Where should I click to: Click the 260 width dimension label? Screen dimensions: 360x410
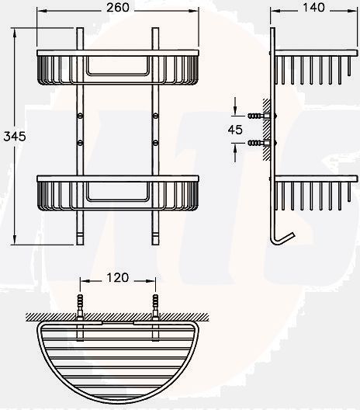point(118,7)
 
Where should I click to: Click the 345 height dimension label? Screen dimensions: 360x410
point(15,136)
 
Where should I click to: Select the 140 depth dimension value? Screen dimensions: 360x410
point(313,7)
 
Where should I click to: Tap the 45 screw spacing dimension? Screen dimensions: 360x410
point(235,130)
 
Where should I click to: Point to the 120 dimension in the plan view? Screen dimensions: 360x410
point(118,277)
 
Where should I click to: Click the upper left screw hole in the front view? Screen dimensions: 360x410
point(80,116)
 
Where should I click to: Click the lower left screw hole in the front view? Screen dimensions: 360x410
point(80,143)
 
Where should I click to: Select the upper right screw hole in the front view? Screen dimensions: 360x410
point(155,116)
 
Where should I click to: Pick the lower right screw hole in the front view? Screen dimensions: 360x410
point(155,143)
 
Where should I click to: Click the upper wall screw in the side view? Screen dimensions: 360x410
point(258,116)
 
